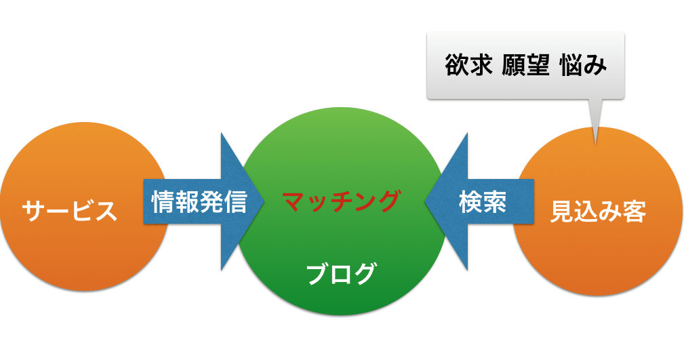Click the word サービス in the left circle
[70, 212]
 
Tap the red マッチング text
[341, 201]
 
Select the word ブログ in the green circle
[341, 274]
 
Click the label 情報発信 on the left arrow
[199, 201]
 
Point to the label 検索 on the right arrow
[483, 202]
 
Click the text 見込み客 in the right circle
[598, 212]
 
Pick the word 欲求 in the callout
[468, 65]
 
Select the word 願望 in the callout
[525, 65]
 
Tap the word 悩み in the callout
[583, 65]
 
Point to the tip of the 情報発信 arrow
[264, 201]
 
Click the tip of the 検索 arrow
[425, 201]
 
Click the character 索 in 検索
[495, 202]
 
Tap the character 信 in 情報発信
[235, 201]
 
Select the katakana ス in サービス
[106, 212]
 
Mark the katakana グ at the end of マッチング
[387, 201]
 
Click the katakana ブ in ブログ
[319, 274]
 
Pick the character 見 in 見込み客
[562, 212]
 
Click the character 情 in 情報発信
[163, 201]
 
